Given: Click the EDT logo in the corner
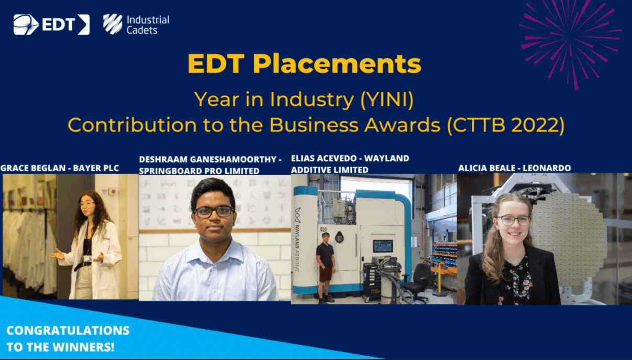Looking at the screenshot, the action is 52,25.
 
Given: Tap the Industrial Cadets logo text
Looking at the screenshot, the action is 148,25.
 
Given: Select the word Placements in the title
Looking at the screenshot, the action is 337,63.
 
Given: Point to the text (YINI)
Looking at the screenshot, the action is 387,100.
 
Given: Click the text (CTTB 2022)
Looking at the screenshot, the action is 506,125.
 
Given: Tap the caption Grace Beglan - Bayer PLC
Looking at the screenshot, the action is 60,168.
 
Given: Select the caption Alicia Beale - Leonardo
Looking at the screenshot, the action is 515,168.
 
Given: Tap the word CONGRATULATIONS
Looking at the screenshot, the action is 68,330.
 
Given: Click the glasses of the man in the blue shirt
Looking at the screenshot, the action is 214,212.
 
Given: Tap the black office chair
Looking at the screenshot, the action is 416,280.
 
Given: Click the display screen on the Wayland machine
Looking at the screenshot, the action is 383,246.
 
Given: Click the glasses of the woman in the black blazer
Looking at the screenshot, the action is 513,221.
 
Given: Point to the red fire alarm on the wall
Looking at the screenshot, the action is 113,191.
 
